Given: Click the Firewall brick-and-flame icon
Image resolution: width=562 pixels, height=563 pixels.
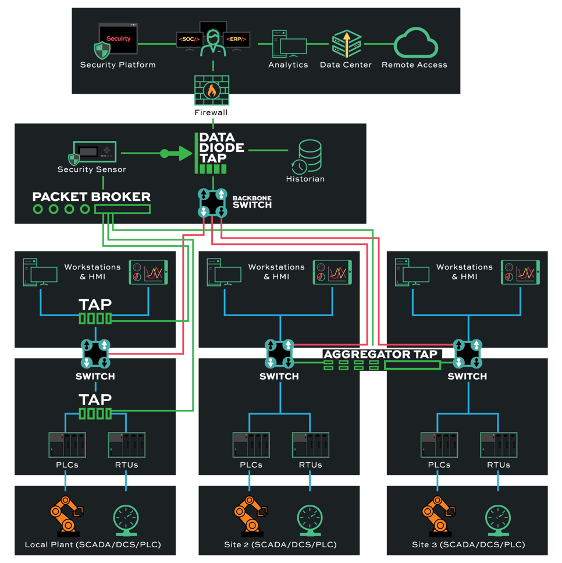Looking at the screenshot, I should [211, 90].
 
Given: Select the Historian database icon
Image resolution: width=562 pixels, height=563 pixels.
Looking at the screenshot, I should [308, 156].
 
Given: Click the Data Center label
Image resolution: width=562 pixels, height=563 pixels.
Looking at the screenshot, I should [346, 65].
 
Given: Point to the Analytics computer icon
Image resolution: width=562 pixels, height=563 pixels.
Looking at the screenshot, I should [289, 44].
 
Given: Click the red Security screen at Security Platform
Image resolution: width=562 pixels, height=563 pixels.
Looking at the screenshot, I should [118, 38].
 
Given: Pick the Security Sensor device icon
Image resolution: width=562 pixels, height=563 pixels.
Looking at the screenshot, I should [94, 153].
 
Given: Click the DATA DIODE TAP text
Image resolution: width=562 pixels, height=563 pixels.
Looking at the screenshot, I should [218, 149].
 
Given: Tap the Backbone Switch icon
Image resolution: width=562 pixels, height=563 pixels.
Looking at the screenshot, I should [212, 203].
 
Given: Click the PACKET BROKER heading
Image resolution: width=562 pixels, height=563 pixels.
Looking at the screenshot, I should [91, 197].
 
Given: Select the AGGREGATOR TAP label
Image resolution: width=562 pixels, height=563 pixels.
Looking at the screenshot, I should [380, 354].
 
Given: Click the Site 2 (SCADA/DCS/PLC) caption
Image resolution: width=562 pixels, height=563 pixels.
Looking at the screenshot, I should [280, 545].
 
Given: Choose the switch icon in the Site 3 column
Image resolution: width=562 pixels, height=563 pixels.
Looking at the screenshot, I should [467, 354].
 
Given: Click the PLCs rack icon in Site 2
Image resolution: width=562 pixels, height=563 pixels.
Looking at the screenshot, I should [251, 445].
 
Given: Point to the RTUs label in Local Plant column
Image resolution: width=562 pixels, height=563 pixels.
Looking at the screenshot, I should [126, 465].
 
